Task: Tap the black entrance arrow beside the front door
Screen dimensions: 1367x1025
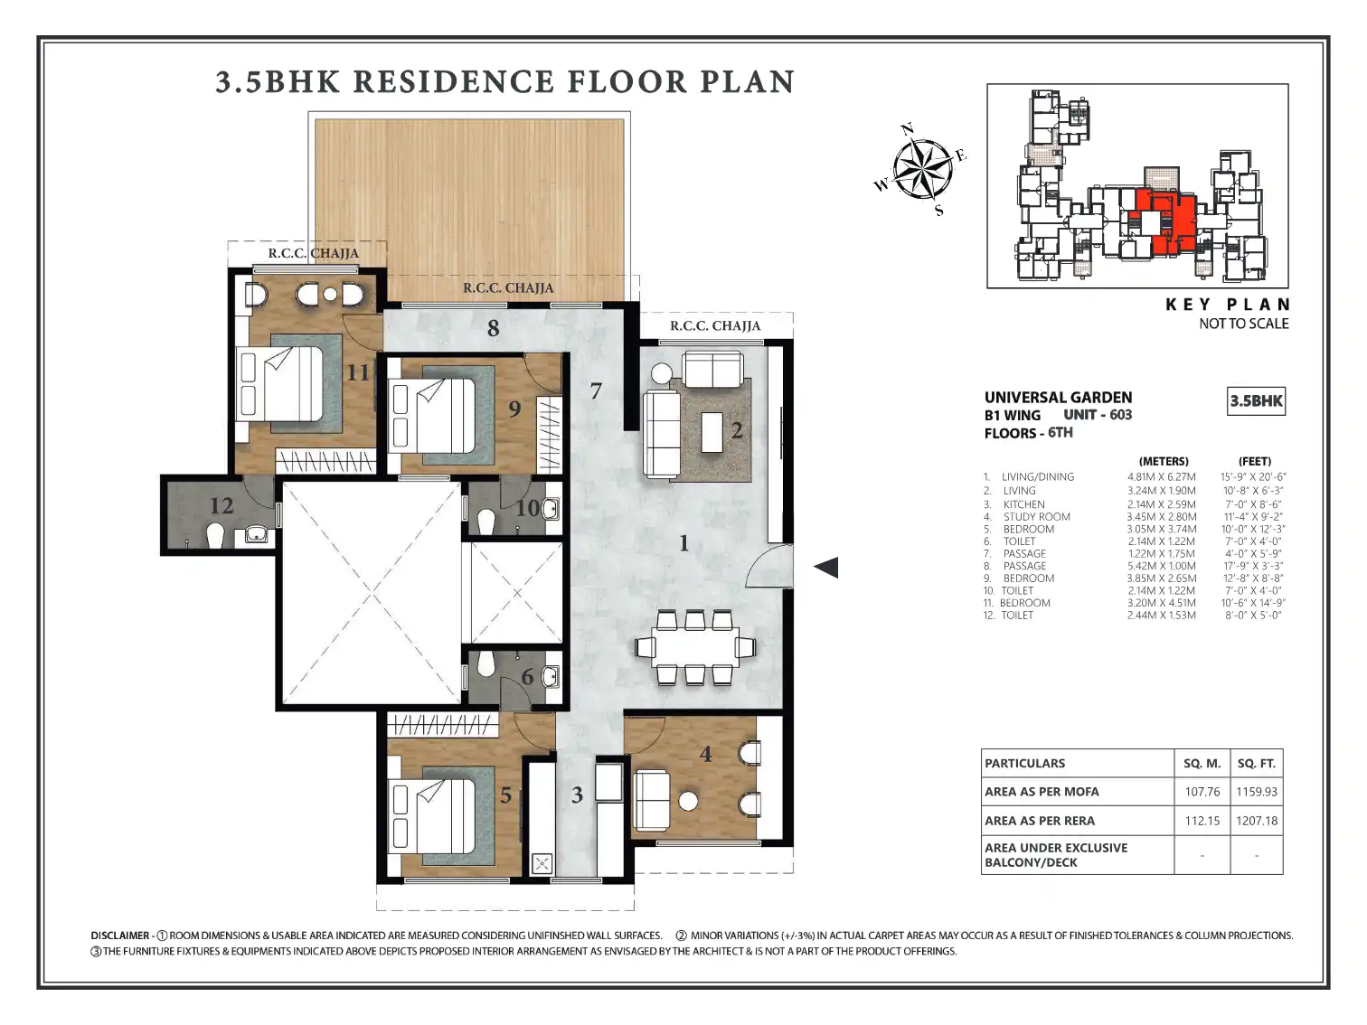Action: coord(826,567)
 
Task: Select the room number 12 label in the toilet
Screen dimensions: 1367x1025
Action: coord(222,505)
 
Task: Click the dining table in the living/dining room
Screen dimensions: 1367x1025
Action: coord(695,647)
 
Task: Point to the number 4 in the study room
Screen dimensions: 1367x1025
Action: coord(705,754)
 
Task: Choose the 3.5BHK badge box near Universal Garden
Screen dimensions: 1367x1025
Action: coord(1256,400)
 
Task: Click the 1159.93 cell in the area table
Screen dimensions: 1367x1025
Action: coord(1256,792)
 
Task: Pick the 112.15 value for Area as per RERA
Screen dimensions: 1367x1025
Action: coord(1202,820)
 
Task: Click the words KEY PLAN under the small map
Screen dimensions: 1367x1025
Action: coord(1227,305)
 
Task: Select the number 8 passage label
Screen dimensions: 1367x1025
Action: coord(494,328)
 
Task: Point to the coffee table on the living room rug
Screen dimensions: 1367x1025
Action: coord(712,432)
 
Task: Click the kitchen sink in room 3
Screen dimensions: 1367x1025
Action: coord(542,863)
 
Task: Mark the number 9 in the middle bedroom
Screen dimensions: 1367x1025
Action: coord(514,409)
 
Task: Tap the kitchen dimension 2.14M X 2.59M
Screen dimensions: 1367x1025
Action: coord(1161,504)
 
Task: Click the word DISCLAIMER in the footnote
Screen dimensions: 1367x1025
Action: coord(119,936)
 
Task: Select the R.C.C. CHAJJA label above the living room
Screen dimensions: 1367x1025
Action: coord(715,325)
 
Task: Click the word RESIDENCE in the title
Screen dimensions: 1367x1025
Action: coord(453,81)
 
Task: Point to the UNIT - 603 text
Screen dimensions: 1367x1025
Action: coord(1098,415)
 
